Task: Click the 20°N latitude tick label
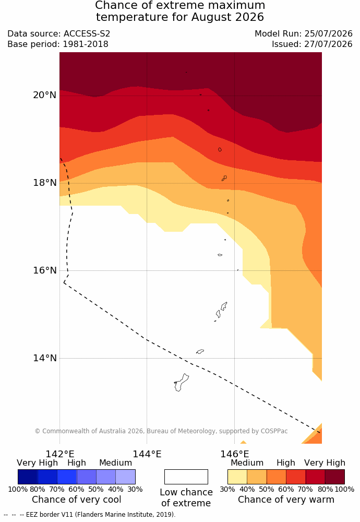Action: (x=44, y=95)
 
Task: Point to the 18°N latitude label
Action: (x=44, y=183)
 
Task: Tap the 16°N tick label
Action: (x=44, y=270)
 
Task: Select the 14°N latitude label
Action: (x=44, y=358)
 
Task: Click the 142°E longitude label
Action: (x=60, y=454)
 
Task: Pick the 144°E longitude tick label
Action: (x=147, y=454)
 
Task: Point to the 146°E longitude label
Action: (x=235, y=454)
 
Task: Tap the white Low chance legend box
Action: (x=186, y=477)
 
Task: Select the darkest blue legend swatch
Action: (x=28, y=477)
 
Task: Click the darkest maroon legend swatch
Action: (x=335, y=477)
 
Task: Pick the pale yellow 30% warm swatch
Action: (x=237, y=477)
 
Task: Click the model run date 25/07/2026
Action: (x=328, y=33)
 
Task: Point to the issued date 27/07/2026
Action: (x=328, y=44)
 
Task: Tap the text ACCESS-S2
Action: (x=87, y=33)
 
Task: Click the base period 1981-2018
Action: (x=85, y=44)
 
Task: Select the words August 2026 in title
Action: (x=228, y=17)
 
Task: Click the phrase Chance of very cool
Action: (x=77, y=500)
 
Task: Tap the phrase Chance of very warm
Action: (x=286, y=500)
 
